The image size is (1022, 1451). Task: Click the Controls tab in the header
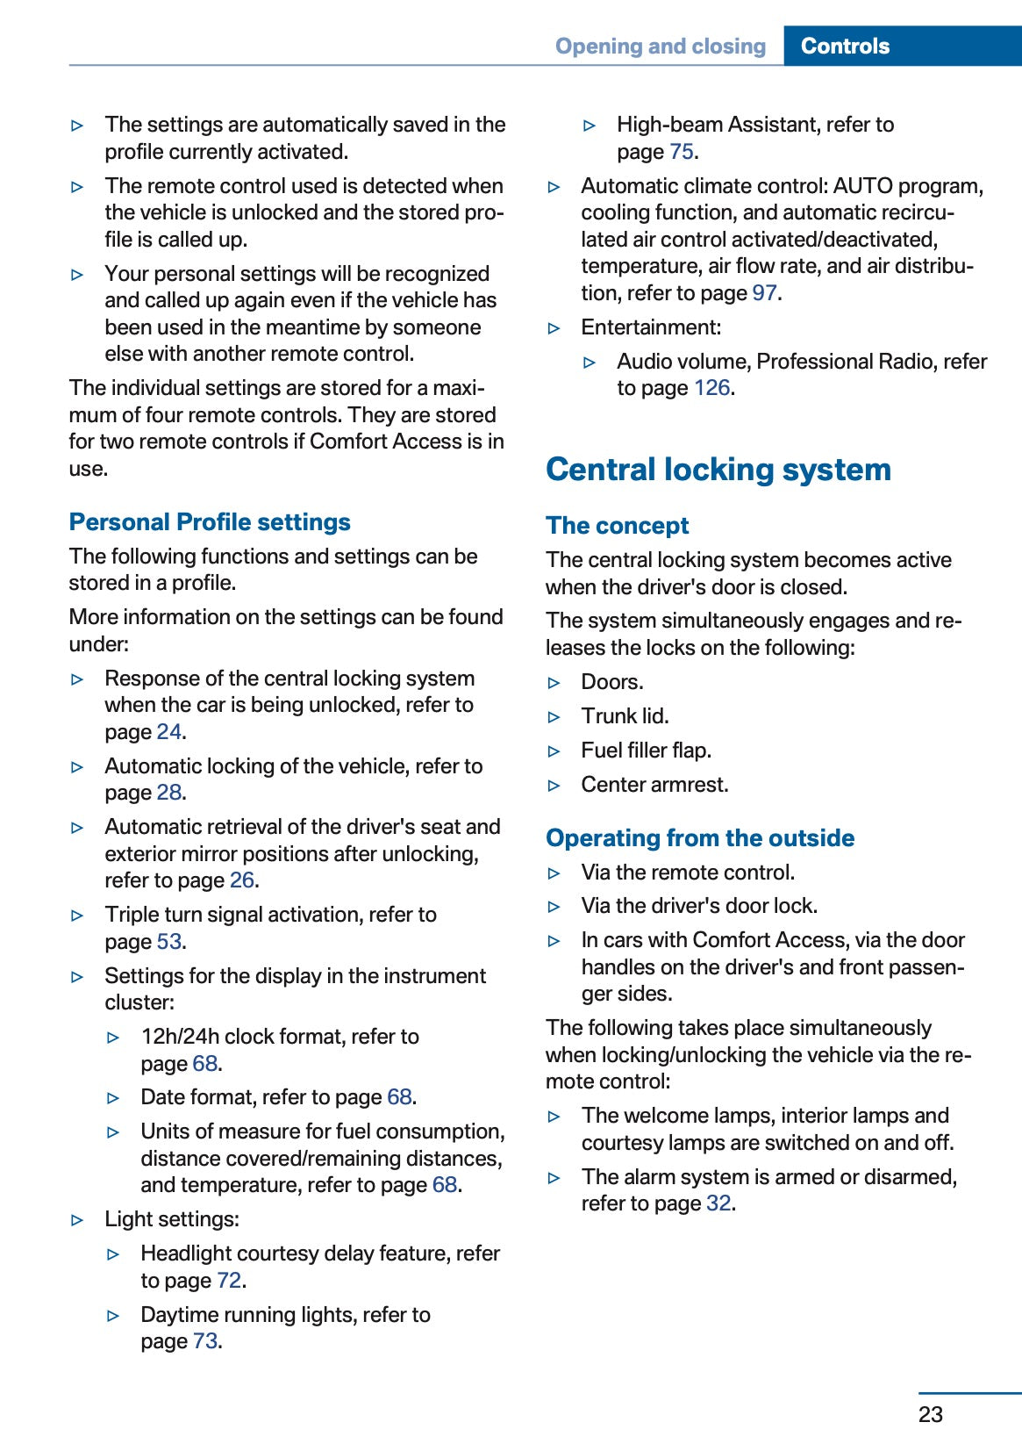[x=845, y=47]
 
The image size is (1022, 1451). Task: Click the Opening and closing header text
[x=661, y=47]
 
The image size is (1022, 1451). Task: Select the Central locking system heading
[x=718, y=470]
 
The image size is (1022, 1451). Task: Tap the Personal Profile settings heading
[x=210, y=522]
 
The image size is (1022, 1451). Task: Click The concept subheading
[x=617, y=526]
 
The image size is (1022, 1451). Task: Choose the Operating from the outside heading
[x=699, y=838]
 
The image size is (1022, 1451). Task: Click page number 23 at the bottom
[x=931, y=1414]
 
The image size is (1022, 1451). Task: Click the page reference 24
[x=169, y=732]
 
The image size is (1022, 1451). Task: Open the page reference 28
[x=169, y=793]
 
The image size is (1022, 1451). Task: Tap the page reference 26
[x=242, y=880]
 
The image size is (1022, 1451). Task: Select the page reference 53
[x=169, y=942]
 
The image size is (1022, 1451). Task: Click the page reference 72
[x=229, y=1281]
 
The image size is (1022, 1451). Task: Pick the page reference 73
[x=205, y=1341]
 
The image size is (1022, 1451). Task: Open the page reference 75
[x=682, y=152]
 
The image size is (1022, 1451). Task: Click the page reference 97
[x=764, y=293]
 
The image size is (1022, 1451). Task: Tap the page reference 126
[x=711, y=388]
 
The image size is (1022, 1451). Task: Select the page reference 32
[x=718, y=1203]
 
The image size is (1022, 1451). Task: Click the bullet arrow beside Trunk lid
[x=554, y=717]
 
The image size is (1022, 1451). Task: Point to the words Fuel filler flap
[x=646, y=751]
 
